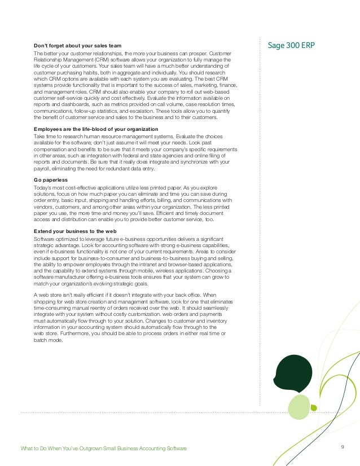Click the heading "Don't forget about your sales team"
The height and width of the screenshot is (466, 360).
point(77,45)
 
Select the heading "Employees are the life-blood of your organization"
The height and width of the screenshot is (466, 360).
point(95,130)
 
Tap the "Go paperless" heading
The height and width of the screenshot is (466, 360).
point(51,180)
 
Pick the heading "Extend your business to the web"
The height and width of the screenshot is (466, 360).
point(75,231)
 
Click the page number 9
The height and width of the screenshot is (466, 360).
point(343,447)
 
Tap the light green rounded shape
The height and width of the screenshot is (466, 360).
point(299,407)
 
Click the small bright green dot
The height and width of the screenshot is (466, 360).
point(314,407)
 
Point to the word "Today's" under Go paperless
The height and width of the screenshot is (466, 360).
point(43,187)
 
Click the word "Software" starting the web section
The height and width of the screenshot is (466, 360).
point(45,239)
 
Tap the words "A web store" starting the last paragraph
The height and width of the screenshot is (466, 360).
point(49,295)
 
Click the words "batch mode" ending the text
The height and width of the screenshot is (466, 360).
point(47,341)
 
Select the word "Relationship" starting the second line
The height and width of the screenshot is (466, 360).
point(49,60)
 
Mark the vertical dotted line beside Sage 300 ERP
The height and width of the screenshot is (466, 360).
point(260,226)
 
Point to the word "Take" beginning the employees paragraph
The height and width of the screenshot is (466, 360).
point(40,137)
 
